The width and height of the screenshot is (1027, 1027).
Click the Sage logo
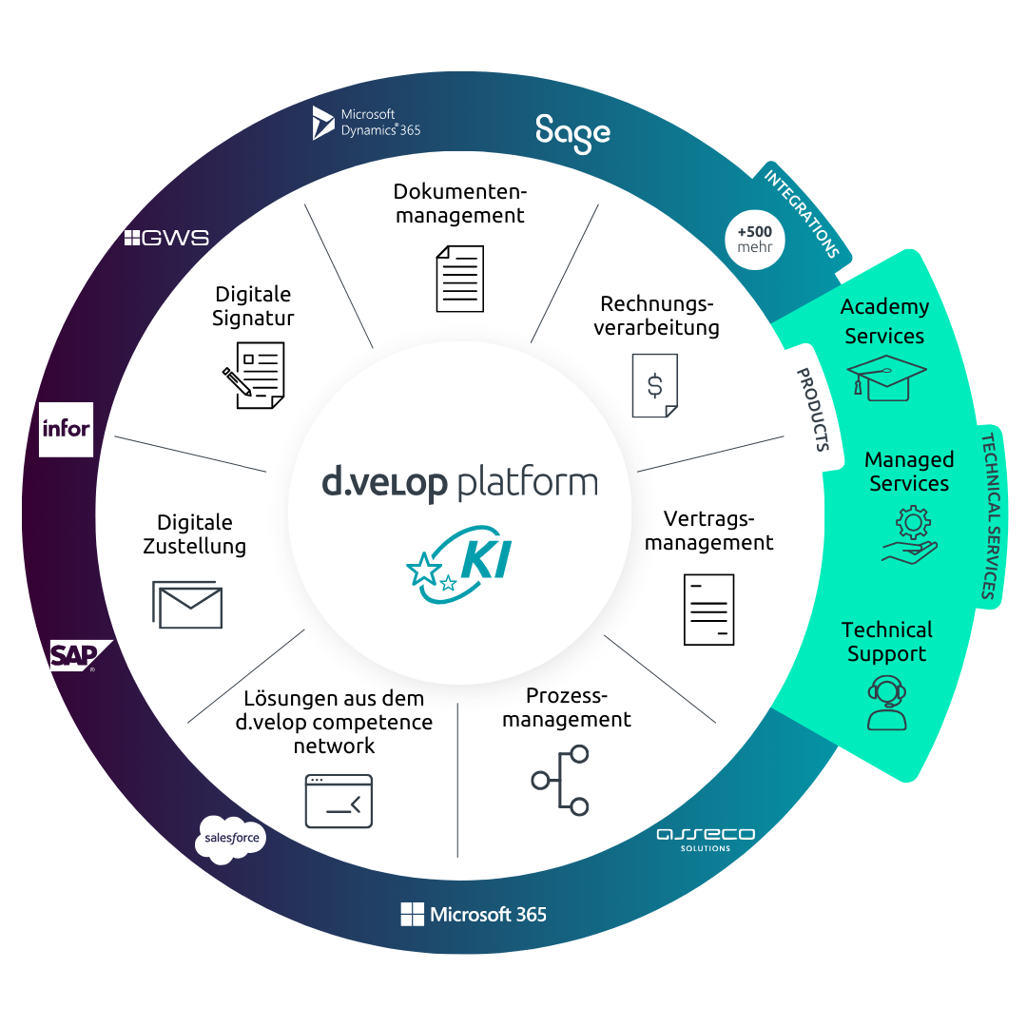(x=572, y=133)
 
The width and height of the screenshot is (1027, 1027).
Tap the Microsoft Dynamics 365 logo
(x=366, y=123)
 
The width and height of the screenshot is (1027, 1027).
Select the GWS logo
(x=166, y=238)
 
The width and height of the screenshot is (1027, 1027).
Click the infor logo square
(x=66, y=429)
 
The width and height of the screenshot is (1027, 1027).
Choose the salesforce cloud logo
(x=230, y=840)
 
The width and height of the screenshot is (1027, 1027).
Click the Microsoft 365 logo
(x=474, y=915)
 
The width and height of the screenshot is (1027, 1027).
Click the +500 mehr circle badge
(x=755, y=239)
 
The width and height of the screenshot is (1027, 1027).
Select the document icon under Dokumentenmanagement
(x=460, y=279)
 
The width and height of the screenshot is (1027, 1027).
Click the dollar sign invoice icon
(x=655, y=385)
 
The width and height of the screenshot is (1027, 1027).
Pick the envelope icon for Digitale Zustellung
(x=187, y=605)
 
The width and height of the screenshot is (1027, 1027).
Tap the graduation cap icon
(x=885, y=378)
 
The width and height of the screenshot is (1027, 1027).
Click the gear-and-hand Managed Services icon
(x=909, y=534)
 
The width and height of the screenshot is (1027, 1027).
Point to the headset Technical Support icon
(x=887, y=702)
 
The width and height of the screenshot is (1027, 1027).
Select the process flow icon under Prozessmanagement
(x=561, y=780)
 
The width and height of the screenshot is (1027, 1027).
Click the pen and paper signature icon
(x=253, y=375)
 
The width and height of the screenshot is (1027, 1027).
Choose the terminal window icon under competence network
(x=339, y=801)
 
